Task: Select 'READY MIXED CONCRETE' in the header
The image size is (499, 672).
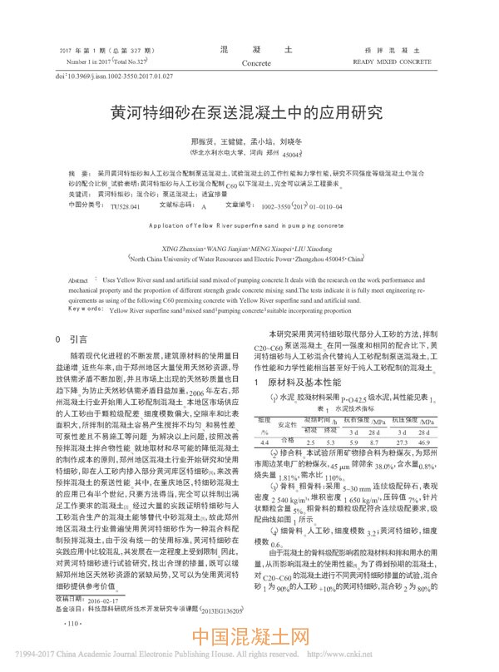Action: (391, 62)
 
